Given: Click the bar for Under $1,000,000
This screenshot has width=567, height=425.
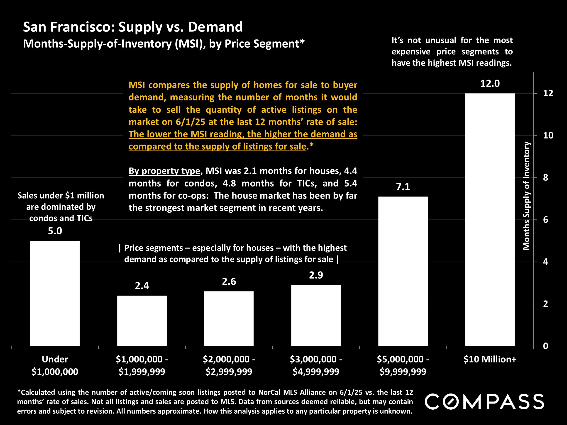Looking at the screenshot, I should (55, 293).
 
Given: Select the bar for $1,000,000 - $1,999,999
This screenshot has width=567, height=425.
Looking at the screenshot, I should (142, 321).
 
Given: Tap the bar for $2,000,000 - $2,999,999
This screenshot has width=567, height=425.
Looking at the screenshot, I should (229, 318).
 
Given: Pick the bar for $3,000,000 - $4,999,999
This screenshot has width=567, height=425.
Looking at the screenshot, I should (316, 315).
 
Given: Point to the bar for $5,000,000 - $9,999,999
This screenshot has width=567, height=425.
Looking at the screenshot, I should (403, 271).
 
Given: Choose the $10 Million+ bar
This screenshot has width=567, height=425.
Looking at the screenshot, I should (490, 220).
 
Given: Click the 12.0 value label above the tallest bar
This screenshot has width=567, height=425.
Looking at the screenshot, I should (490, 83).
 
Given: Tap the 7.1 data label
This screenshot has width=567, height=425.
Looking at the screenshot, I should (403, 187).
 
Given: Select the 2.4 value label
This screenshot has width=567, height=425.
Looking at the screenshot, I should (142, 286).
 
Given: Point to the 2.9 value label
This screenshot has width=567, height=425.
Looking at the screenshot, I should (316, 275).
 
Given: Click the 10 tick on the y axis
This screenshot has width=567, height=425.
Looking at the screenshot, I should (548, 135).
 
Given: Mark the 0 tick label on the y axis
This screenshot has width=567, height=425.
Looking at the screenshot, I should (545, 346).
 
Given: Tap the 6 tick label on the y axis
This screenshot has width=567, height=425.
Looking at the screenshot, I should (545, 220).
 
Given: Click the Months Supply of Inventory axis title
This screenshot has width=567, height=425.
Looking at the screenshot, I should (526, 196).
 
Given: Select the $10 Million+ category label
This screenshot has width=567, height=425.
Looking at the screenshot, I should (490, 359).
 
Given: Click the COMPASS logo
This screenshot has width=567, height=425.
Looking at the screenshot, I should (484, 402).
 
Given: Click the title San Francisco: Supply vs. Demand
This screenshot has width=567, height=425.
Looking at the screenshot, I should (133, 27).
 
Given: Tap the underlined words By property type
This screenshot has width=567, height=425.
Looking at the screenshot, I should (164, 171).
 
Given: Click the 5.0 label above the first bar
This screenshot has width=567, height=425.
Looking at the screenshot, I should (55, 231).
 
